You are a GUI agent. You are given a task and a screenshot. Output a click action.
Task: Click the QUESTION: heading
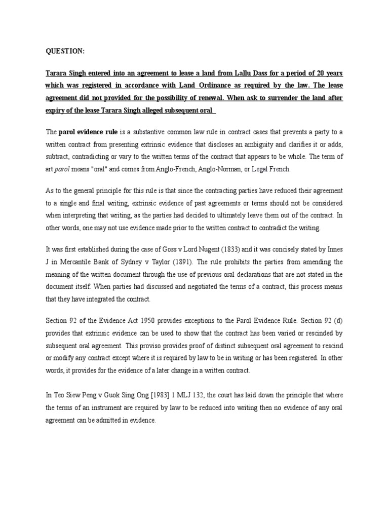(x=66, y=51)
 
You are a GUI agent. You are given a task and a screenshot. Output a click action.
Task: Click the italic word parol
(x=61, y=169)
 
